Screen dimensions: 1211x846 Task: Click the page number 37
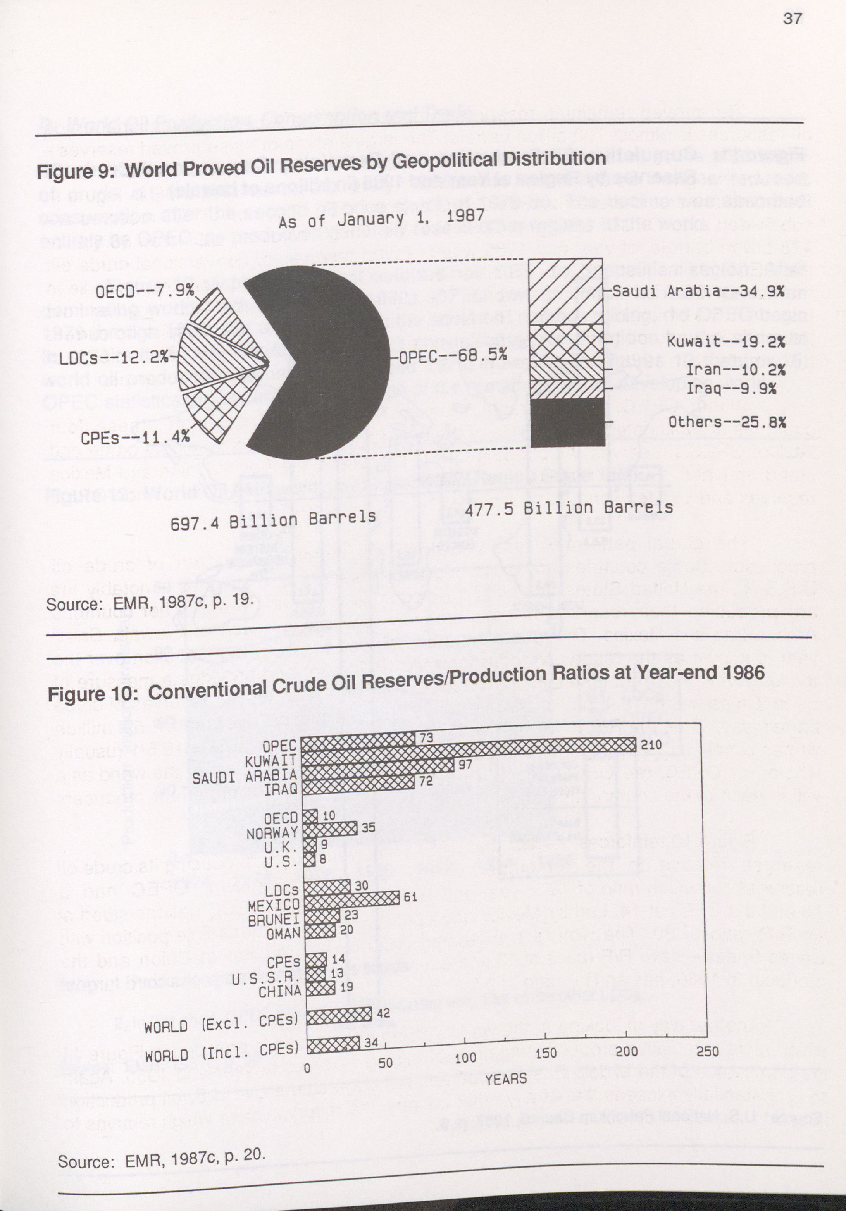793,19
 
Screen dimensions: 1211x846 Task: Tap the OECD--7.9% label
145,291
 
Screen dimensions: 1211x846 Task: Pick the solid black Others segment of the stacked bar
567,422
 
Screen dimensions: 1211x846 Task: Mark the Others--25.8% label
727,422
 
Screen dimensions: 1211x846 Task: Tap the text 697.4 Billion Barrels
273,520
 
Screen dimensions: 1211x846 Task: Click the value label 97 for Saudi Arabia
465,764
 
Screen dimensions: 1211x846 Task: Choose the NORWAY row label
272,833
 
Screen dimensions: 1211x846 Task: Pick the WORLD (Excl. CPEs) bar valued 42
339,1014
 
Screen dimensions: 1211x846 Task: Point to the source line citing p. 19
150,602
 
